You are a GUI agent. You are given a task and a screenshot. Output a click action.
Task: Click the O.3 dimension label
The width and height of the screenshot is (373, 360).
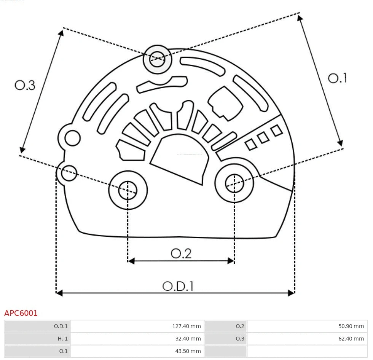pyautogui.click(x=25, y=85)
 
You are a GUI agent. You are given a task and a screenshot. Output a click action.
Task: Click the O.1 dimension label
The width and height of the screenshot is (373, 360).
pyautogui.click(x=337, y=78)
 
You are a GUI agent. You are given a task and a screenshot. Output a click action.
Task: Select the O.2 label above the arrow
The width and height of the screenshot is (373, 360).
pyautogui.click(x=181, y=253)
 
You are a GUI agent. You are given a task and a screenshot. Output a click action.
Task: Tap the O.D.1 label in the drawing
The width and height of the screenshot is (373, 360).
pyautogui.click(x=178, y=286)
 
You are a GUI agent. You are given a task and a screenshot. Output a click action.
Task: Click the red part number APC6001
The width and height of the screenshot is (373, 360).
pyautogui.click(x=21, y=313)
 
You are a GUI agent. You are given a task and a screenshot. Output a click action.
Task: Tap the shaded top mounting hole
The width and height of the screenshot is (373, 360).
pyautogui.click(x=157, y=59)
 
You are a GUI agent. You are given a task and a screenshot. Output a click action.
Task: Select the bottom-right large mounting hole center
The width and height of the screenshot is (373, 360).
pyautogui.click(x=234, y=184)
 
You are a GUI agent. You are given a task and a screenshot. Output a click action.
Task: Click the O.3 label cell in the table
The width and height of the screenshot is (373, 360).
pyautogui.click(x=240, y=338)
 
